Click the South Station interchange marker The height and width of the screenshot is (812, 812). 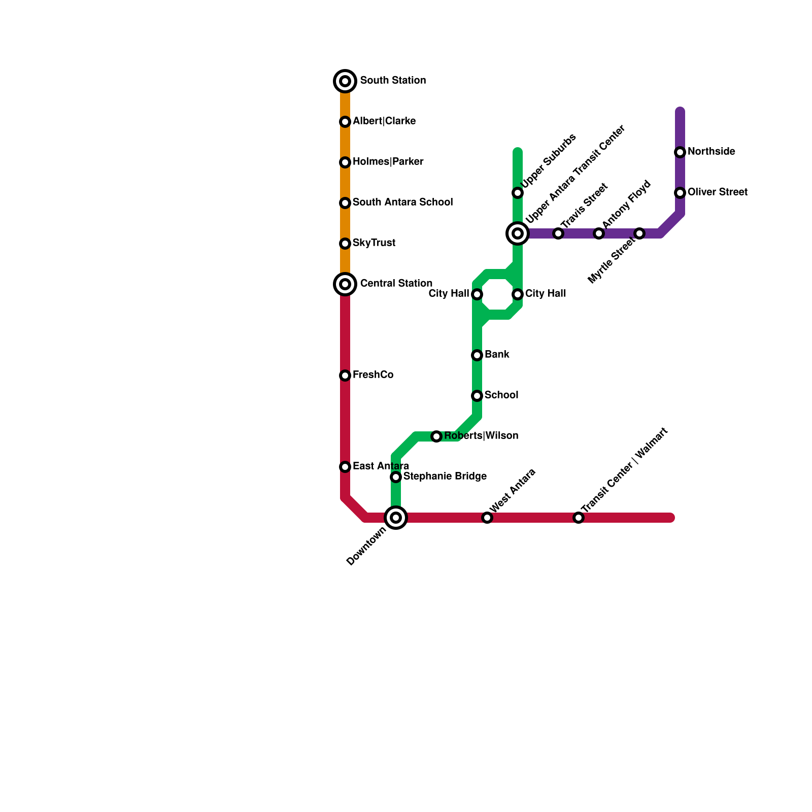click(345, 81)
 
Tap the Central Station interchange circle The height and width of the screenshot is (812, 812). click(345, 284)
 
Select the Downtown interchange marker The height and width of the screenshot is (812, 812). click(396, 518)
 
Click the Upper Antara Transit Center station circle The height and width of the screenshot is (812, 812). click(518, 233)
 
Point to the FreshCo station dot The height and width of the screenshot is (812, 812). click(345, 376)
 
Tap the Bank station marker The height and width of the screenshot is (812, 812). click(477, 355)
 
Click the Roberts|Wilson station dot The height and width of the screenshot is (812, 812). click(436, 436)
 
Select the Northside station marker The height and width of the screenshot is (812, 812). click(680, 152)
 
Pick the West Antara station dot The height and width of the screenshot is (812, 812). click(487, 518)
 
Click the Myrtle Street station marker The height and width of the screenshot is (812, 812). click(639, 233)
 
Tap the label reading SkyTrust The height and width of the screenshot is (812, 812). click(374, 243)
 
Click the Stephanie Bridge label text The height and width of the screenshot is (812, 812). click(445, 477)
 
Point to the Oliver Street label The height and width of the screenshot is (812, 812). click(717, 192)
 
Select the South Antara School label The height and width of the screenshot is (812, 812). click(402, 202)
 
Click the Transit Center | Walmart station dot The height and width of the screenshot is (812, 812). click(579, 518)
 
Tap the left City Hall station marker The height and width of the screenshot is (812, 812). click(477, 294)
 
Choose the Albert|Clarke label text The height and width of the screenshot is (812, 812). click(384, 121)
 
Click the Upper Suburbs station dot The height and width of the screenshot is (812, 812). click(518, 193)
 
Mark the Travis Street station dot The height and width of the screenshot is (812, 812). click(558, 233)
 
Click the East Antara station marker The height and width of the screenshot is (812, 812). click(345, 467)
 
